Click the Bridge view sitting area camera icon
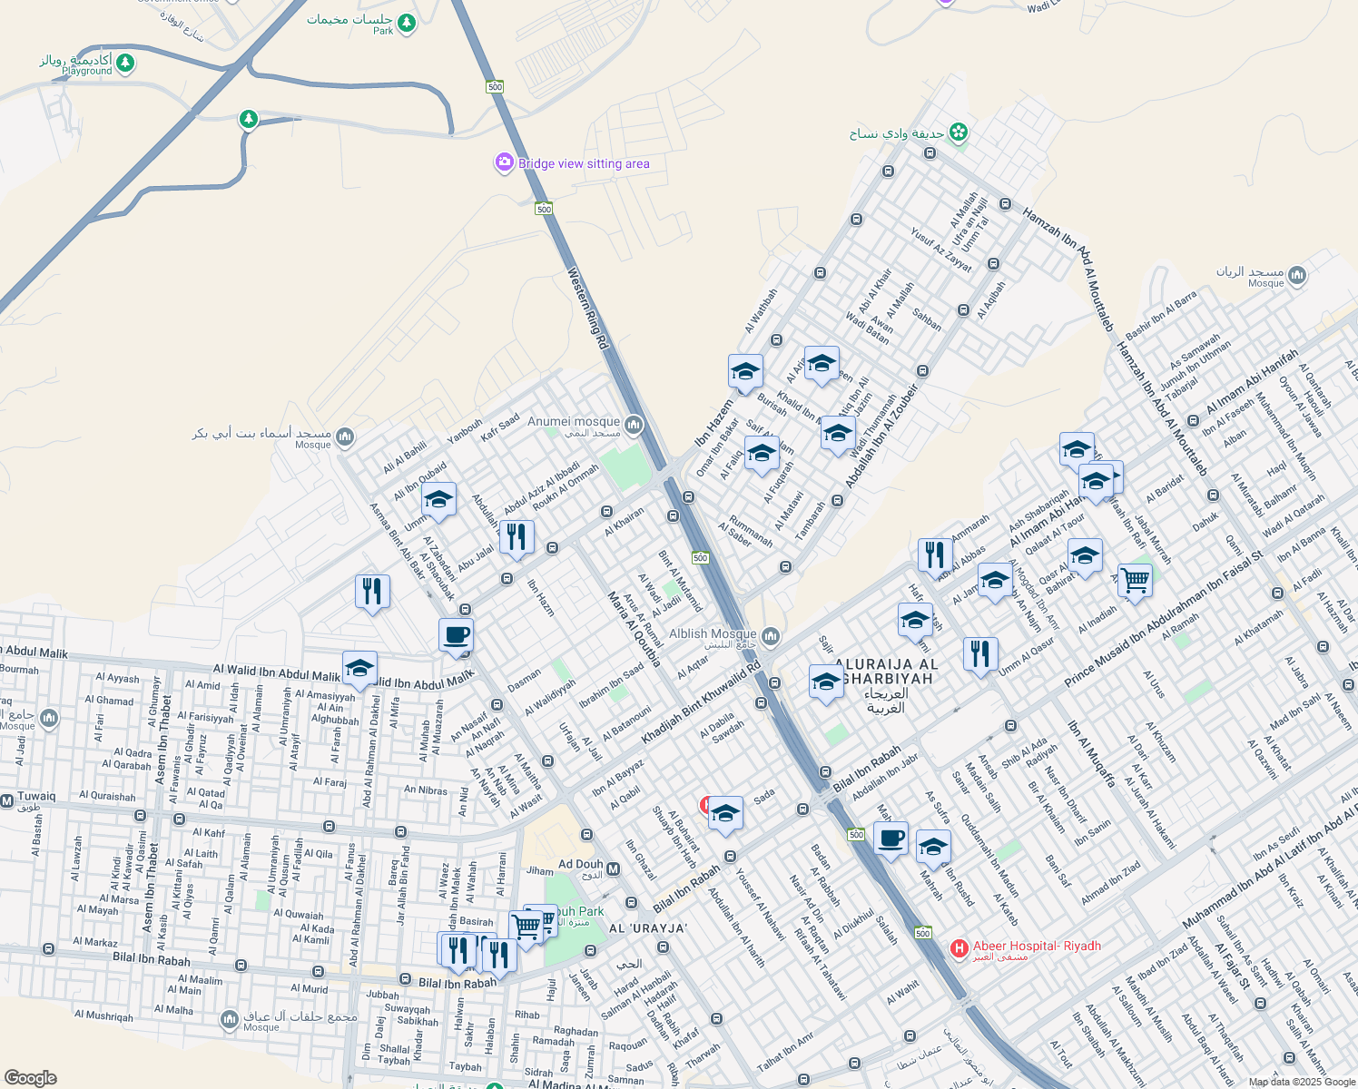[504, 162]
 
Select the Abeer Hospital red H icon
[959, 948]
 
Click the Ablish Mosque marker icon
[771, 637]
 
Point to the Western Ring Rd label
[587, 309]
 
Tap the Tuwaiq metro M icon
[7, 801]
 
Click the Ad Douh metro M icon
[613, 870]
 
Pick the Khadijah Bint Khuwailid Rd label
[701, 703]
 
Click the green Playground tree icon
[125, 63]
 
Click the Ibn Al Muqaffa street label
[1091, 753]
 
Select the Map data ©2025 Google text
[1301, 1082]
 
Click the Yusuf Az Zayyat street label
[941, 249]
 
